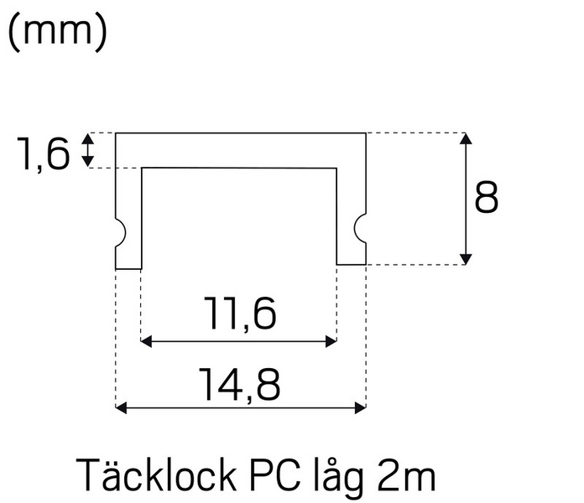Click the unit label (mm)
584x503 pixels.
(x=57, y=32)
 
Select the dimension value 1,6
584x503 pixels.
(x=43, y=153)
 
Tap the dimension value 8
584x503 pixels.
(x=487, y=197)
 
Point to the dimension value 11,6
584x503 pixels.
(x=240, y=314)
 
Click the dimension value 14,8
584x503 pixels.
(x=239, y=385)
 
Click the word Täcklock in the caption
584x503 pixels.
(x=156, y=474)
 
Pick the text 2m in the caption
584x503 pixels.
(x=406, y=476)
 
